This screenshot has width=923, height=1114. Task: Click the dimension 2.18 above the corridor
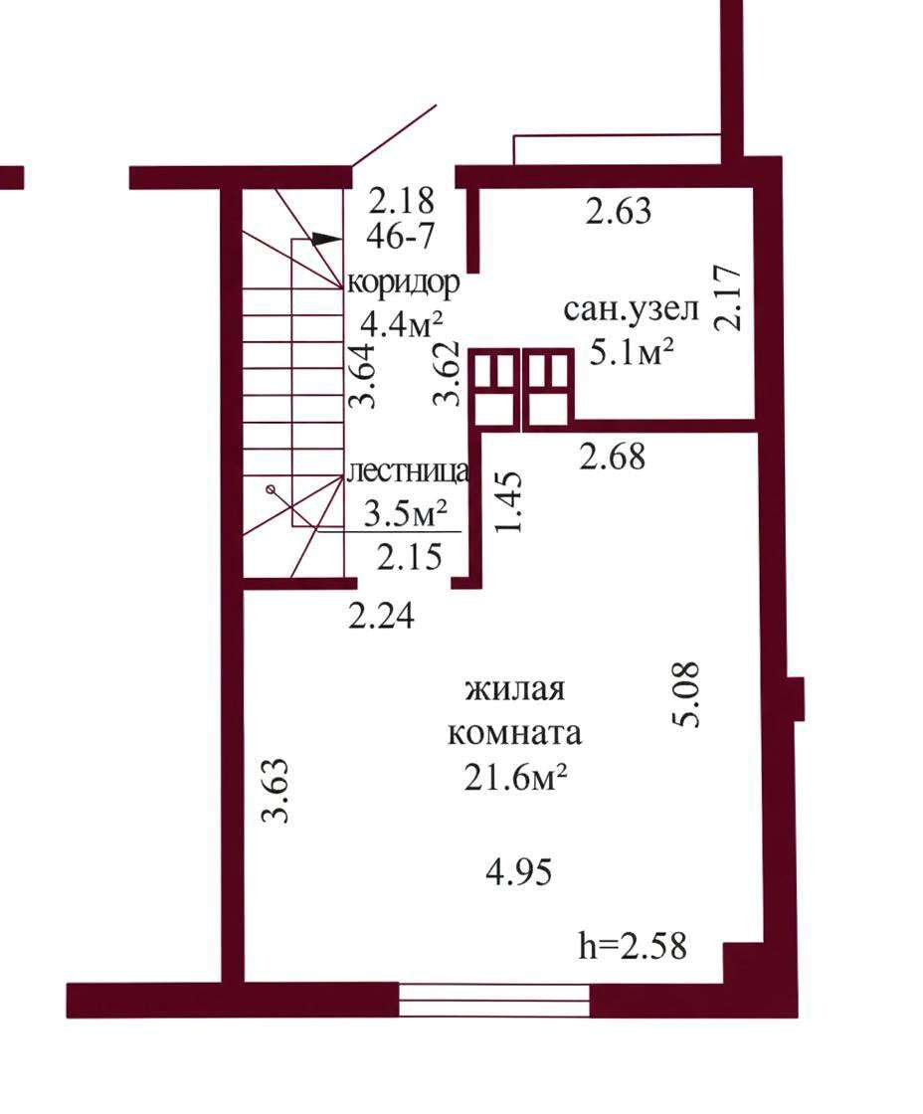(401, 200)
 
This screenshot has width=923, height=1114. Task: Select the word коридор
(404, 284)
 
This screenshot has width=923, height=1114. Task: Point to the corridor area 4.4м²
(402, 324)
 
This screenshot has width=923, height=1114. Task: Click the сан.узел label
(632, 310)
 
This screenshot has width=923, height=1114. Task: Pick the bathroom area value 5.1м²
(632, 351)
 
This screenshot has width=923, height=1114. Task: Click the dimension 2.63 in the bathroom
(619, 211)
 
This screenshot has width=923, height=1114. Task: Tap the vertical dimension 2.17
(729, 297)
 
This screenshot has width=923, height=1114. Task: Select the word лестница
(409, 471)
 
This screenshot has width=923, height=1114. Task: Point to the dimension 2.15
(409, 556)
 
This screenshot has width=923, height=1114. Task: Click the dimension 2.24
(382, 616)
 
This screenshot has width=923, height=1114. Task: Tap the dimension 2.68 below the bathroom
(613, 457)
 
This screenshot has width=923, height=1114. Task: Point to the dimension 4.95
(519, 872)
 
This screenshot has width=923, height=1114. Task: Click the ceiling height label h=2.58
(633, 946)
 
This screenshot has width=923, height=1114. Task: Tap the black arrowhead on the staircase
(326, 240)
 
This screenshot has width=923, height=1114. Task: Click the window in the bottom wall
(494, 1001)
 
